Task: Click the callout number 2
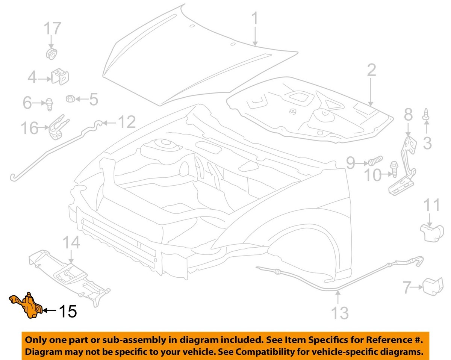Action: point(371,71)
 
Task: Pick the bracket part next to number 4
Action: point(60,77)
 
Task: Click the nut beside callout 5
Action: point(69,99)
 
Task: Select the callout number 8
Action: point(408,115)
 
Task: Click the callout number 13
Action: point(339,313)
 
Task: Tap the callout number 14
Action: point(71,243)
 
